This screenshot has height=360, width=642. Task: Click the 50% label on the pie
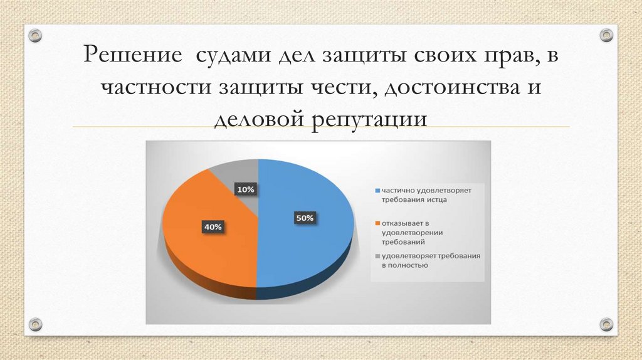coord(305,218)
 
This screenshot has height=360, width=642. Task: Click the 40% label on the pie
coord(212,227)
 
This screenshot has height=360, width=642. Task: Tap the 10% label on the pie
coord(245,189)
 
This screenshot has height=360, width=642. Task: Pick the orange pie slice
coord(201,251)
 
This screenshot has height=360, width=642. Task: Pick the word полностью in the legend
coord(409,265)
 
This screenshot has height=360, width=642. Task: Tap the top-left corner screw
coord(36,35)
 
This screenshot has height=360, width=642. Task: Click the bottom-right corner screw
coord(606,324)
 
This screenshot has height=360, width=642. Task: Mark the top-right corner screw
coord(606,35)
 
